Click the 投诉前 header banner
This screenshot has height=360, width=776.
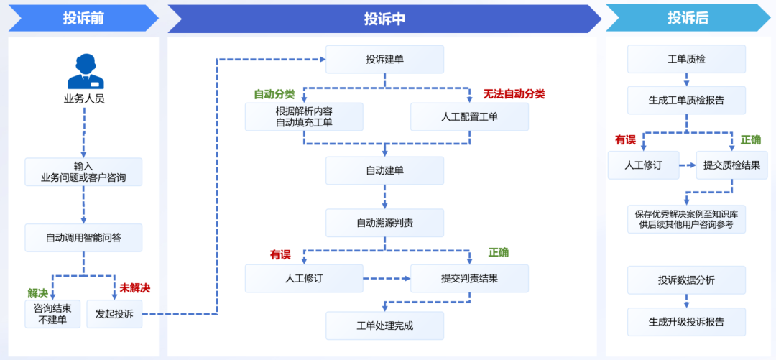[83, 19]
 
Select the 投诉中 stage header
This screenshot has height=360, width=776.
[384, 19]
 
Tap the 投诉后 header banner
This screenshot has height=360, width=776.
[688, 19]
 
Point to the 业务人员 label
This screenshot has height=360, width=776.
[84, 98]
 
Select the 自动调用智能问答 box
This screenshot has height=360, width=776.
[83, 238]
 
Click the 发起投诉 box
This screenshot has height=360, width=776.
[114, 314]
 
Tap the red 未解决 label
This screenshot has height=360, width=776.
[135, 288]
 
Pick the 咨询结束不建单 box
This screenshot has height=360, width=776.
[52, 314]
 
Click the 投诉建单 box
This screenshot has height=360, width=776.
[384, 59]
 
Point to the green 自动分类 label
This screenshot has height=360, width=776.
[274, 94]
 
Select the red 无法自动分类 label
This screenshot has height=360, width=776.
[514, 94]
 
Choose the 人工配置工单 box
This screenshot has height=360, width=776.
[469, 116]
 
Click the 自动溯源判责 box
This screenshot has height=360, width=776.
[384, 223]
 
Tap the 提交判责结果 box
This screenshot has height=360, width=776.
[469, 278]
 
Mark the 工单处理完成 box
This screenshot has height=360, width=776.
[384, 326]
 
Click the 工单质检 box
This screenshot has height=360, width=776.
[686, 59]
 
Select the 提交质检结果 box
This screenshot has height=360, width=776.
[731, 165]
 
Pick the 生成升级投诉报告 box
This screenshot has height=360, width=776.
[686, 321]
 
